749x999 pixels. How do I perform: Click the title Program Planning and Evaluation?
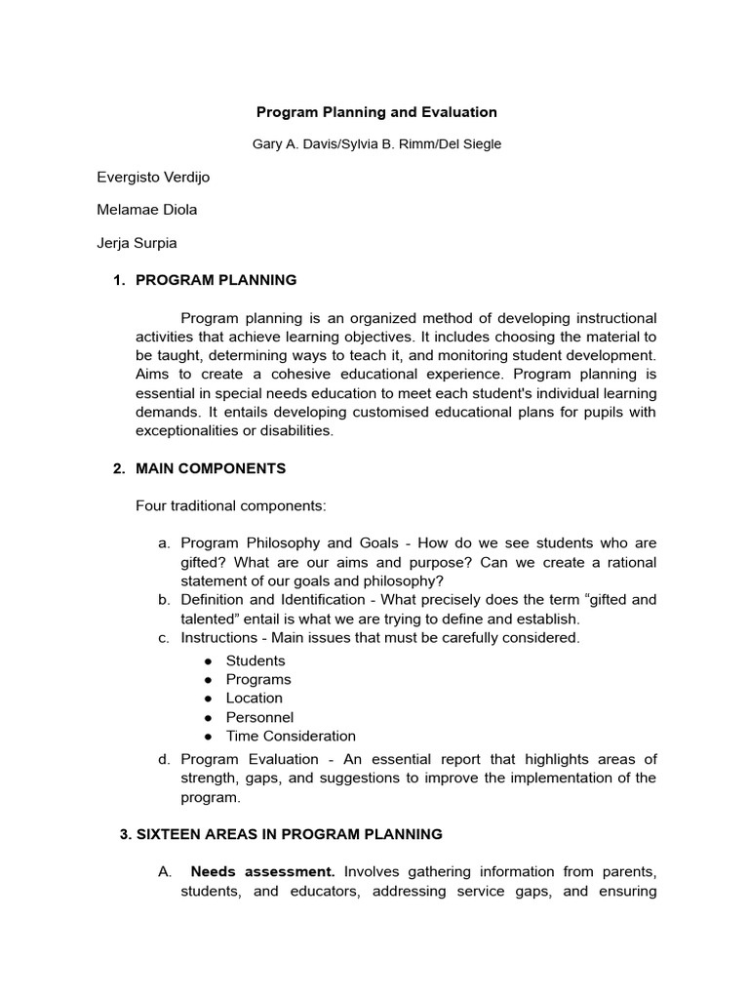376,112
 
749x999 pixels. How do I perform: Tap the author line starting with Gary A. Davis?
376,143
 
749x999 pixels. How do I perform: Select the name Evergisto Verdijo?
153,177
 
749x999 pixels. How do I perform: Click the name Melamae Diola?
147,209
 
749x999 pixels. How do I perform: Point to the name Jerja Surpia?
137,242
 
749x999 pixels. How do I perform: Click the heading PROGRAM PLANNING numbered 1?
216,280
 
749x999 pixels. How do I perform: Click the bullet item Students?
256,660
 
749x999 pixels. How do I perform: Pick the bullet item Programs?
258,679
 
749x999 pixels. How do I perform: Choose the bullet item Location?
255,698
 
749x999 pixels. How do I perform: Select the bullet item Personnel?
259,717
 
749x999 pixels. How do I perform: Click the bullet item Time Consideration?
291,736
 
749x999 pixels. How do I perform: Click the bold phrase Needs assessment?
263,871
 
